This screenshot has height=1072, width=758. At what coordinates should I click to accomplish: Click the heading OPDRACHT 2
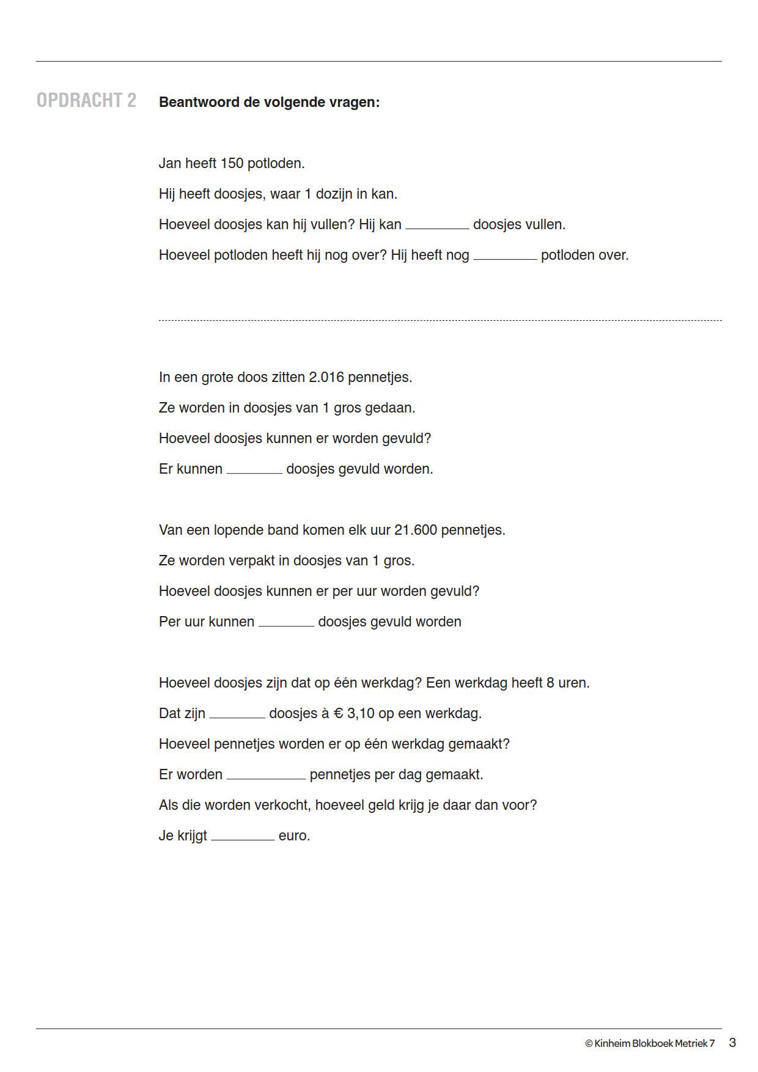pyautogui.click(x=86, y=100)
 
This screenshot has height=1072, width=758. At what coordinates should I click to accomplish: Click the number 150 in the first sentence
pyautogui.click(x=232, y=163)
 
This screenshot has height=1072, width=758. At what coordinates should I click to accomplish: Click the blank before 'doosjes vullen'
pyautogui.click(x=437, y=225)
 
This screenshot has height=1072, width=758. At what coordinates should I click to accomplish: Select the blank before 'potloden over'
pyautogui.click(x=505, y=255)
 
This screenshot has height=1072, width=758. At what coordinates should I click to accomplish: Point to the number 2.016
pyautogui.click(x=326, y=377)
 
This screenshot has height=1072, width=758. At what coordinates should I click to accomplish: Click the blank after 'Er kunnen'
pyautogui.click(x=254, y=469)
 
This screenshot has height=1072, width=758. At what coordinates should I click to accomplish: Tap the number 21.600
pyautogui.click(x=415, y=530)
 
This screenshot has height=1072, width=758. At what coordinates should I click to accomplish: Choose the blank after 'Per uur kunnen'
pyautogui.click(x=286, y=622)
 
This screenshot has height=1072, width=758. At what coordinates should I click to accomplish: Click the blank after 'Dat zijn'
pyautogui.click(x=237, y=714)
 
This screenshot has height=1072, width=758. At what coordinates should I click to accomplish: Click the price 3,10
pyautogui.click(x=361, y=713)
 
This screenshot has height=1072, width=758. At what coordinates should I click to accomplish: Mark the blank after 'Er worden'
pyautogui.click(x=266, y=775)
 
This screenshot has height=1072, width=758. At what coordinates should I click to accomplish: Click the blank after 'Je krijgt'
pyautogui.click(x=243, y=836)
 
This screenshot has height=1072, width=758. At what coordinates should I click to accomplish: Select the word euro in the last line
pyautogui.click(x=293, y=835)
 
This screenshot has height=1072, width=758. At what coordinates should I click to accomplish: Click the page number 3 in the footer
pyautogui.click(x=732, y=1043)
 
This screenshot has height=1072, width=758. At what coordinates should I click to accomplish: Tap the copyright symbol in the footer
pyautogui.click(x=589, y=1043)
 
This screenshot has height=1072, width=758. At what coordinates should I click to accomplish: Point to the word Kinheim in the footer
pyautogui.click(x=612, y=1043)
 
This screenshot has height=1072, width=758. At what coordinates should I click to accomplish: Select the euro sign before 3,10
pyautogui.click(x=338, y=713)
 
